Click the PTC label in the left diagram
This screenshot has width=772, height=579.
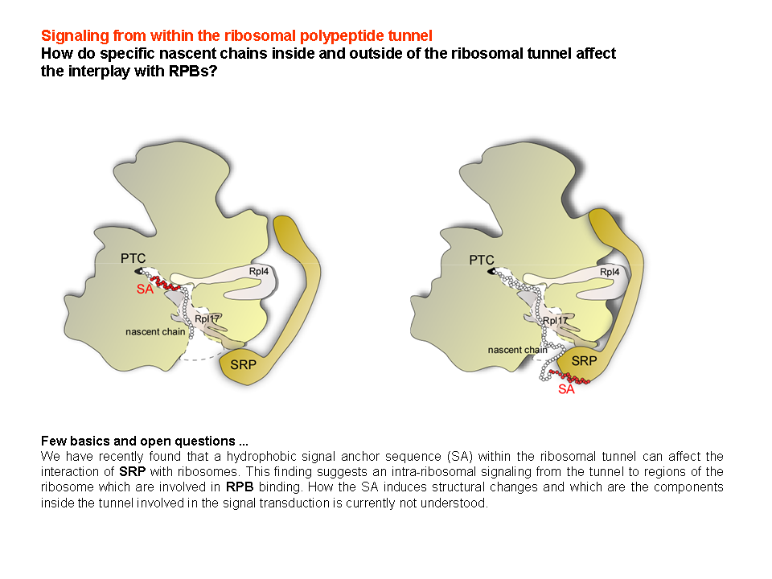pos(133,258)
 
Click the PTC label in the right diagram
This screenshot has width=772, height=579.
pos(482,260)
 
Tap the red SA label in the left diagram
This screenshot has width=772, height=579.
pos(145,289)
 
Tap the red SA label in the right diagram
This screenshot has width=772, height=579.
pos(566,389)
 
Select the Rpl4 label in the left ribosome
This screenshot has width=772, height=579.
pos(258,271)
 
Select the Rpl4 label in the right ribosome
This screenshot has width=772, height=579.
pos(610,272)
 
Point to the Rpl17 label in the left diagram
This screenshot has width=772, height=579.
pos(207,319)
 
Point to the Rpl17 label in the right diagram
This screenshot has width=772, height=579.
pos(555,321)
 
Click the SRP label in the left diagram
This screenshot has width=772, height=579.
pos(243,365)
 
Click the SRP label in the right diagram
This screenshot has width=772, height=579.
pos(584,361)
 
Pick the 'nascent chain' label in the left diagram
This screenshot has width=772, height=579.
pos(155,332)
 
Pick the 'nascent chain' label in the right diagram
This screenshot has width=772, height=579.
pos(517,350)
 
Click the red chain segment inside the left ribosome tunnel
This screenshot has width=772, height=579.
pos(165,283)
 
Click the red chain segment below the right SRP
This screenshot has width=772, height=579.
pos(570,377)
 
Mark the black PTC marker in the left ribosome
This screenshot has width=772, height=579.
pos(138,271)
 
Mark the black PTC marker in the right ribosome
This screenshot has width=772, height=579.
pos(491,271)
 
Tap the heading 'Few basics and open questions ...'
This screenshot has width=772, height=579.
pos(144,441)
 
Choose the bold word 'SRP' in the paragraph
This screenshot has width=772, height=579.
pos(132,472)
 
